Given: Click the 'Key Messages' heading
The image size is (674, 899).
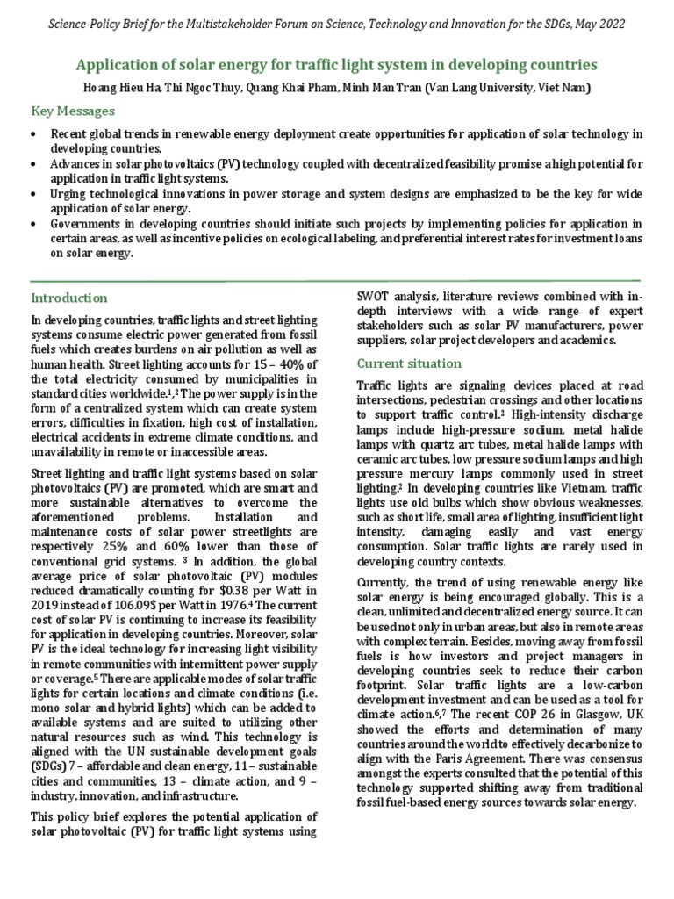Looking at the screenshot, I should point(73,111).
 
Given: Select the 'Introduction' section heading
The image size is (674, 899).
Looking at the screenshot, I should point(69,298).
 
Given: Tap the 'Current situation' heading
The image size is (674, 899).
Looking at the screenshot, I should point(409,363).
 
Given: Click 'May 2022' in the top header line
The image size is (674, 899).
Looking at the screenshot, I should point(598,25).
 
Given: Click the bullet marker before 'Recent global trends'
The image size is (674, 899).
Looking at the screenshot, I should point(33,133).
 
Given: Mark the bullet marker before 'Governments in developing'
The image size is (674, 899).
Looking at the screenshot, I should point(33,223).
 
